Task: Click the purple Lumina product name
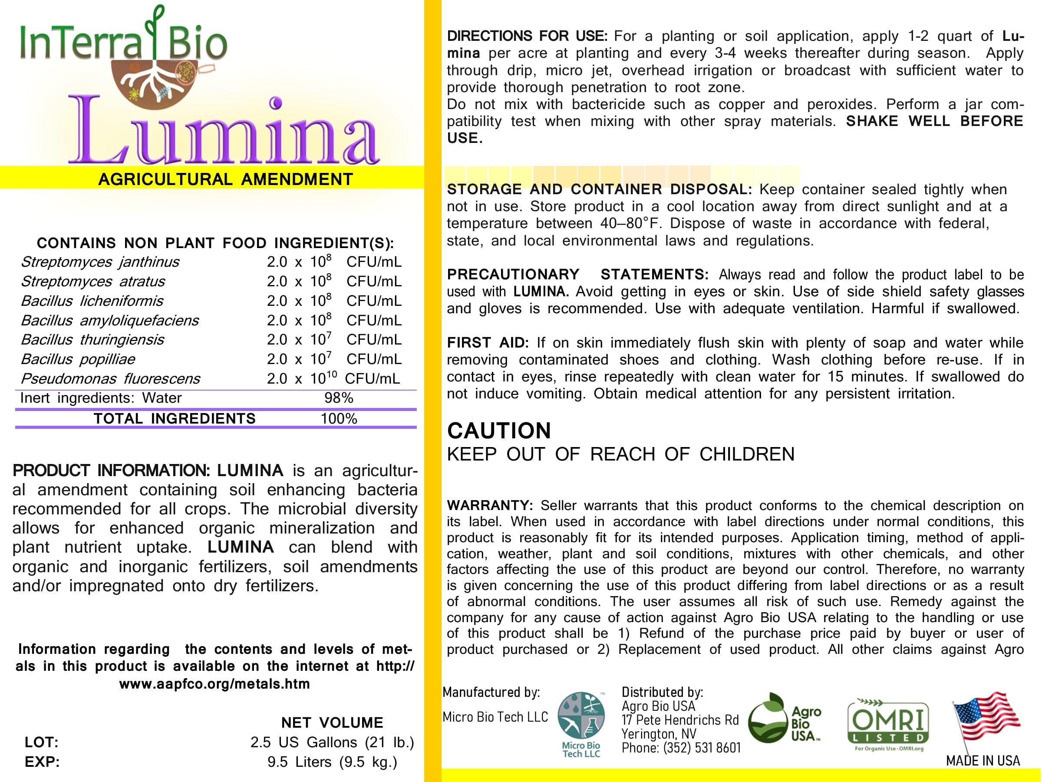coord(224,132)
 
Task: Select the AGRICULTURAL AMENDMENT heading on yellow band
coord(226,179)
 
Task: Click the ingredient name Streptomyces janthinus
coord(100,262)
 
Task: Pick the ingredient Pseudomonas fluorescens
coord(110,378)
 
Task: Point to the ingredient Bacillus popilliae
coord(78,359)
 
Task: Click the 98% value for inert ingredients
coord(339,398)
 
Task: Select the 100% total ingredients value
coord(339,418)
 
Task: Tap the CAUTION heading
coord(499,431)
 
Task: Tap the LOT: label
coord(41,742)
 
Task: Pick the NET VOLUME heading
coord(332,722)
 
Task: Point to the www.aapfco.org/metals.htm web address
coord(214,684)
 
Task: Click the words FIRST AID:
coord(488,343)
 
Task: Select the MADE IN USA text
coord(983,761)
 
